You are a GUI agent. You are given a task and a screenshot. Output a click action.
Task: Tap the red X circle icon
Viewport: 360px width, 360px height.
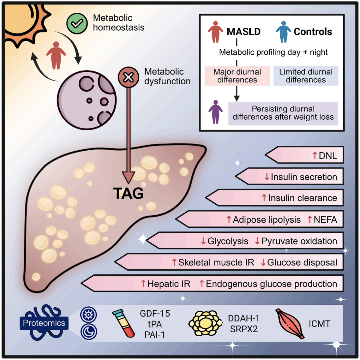[128, 77]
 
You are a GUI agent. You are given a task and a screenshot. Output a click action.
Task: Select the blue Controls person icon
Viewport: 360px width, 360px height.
[284, 32]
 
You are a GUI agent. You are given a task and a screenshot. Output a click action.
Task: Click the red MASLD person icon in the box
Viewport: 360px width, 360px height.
[216, 32]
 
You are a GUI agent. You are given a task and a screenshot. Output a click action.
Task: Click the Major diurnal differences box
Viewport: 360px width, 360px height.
[237, 76]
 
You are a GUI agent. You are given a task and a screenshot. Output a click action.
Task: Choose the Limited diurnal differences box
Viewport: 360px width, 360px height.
[306, 76]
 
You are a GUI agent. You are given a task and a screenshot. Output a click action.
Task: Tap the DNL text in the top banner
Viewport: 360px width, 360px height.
[328, 156]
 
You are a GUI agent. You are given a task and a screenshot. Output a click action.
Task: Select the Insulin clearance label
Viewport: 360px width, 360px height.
[303, 198]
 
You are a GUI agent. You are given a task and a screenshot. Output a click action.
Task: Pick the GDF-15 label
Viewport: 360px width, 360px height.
[155, 314]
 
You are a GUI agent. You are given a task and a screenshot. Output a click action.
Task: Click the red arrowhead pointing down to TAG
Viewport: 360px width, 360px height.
[128, 176]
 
